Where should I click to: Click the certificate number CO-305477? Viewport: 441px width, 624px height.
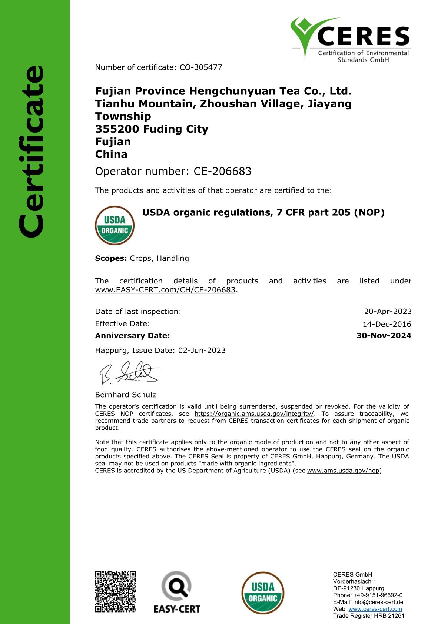[201, 67]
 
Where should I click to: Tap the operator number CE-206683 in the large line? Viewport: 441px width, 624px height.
[223, 171]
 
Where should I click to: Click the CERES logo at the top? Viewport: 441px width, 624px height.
[350, 39]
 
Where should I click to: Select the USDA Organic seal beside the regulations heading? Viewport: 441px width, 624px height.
[115, 225]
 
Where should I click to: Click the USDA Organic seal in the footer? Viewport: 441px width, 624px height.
[263, 593]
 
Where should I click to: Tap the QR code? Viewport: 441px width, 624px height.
[116, 591]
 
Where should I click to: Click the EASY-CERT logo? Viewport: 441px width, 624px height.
[177, 592]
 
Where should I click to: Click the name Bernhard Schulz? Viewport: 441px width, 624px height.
[126, 395]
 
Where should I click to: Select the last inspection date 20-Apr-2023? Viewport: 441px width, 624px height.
[388, 312]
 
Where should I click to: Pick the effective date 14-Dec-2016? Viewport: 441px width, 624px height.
[387, 324]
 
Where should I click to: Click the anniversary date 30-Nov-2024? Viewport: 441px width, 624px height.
[384, 336]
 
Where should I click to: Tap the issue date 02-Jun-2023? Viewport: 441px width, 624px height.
[202, 351]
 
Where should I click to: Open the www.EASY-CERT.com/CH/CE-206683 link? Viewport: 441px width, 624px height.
[165, 290]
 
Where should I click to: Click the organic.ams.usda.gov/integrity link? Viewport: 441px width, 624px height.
[254, 414]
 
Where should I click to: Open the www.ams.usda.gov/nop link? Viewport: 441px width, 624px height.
[343, 471]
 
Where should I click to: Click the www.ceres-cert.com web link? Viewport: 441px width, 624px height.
[375, 609]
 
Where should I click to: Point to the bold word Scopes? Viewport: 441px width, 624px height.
[111, 258]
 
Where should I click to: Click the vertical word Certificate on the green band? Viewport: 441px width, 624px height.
[32, 152]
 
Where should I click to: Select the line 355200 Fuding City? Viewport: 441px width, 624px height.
[152, 129]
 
